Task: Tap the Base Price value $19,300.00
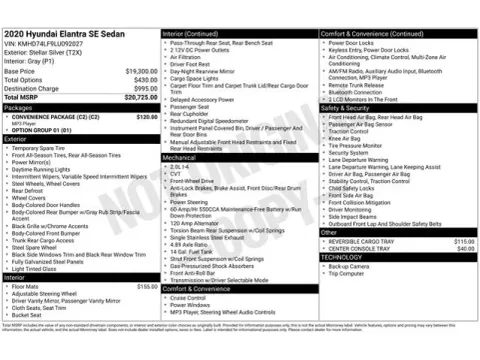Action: [141, 72]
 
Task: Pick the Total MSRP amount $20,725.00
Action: [139, 97]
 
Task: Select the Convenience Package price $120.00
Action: [147, 116]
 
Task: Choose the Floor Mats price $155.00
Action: [147, 286]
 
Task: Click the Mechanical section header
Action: [181, 158]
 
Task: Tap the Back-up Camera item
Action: [348, 267]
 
